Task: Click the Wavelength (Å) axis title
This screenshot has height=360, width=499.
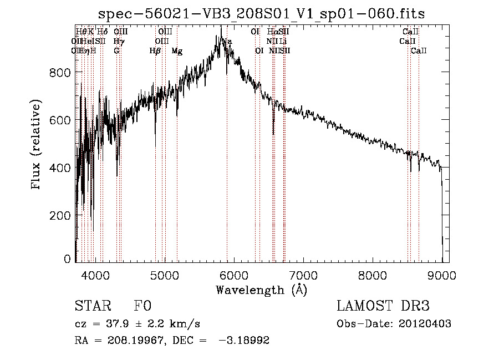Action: coord(261,290)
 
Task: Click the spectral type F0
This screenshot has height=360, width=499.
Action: coord(142,307)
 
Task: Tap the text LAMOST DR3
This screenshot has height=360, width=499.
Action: coord(383,307)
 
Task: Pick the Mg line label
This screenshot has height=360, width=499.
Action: coord(177,51)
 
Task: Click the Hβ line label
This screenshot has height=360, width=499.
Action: coord(155,51)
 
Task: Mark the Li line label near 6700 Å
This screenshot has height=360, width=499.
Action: coord(283,42)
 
